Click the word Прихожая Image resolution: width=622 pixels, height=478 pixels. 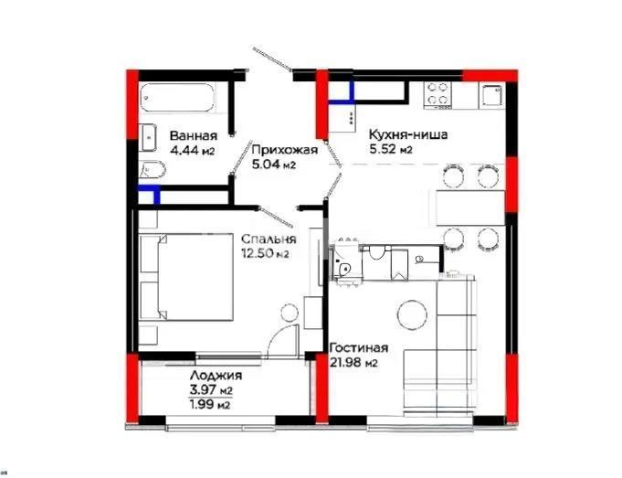pyautogui.click(x=284, y=151)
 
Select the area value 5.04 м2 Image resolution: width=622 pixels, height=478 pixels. pyautogui.click(x=274, y=165)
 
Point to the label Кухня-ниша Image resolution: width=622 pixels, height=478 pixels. pyautogui.click(x=407, y=133)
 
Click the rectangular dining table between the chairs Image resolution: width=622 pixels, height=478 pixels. pyautogui.click(x=469, y=207)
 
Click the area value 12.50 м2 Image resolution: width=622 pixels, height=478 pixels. pyautogui.click(x=265, y=253)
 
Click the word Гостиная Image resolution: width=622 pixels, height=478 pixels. pyautogui.click(x=361, y=348)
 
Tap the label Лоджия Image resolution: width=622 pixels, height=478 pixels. pyautogui.click(x=216, y=377)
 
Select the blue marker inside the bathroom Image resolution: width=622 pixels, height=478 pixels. pyautogui.click(x=148, y=195)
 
